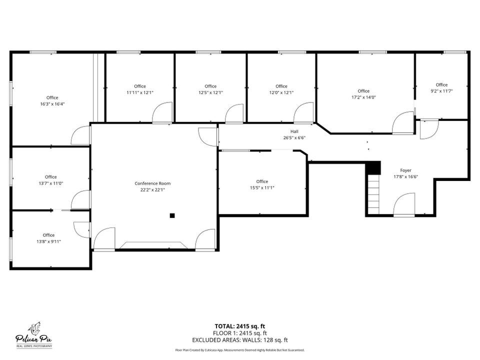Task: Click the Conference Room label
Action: click(152, 183)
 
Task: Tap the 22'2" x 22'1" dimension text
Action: click(152, 190)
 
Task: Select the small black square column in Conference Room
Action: click(172, 215)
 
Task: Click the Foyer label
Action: click(405, 170)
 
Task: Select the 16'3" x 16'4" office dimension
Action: click(52, 104)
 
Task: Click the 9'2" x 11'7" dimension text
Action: click(441, 91)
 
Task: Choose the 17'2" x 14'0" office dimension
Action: click(363, 97)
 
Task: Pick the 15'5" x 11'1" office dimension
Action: click(262, 188)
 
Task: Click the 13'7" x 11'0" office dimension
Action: click(51, 183)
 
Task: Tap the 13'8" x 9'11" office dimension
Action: click(48, 241)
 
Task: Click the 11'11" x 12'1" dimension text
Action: click(140, 92)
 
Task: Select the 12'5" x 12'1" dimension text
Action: click(210, 92)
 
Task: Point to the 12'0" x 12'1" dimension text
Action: click(281, 92)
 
